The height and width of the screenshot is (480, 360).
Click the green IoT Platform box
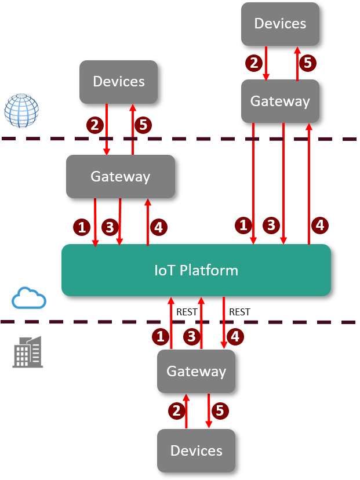click(196, 270)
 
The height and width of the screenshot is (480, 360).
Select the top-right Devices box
click(280, 24)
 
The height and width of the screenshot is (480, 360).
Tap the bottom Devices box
click(196, 450)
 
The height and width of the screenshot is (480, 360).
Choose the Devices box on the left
click(118, 82)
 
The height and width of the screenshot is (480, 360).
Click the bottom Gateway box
click(196, 371)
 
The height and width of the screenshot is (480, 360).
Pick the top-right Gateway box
click(280, 101)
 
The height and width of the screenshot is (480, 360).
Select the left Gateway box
click(120, 176)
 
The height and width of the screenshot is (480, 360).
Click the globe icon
click(21, 110)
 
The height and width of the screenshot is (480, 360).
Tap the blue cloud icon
click(29, 298)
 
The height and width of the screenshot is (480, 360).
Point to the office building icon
click(28, 351)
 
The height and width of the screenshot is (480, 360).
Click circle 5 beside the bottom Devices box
click(220, 411)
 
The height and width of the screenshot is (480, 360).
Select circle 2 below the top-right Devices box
click(253, 63)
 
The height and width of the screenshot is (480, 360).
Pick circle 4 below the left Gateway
click(158, 227)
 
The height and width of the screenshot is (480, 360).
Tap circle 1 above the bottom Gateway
click(161, 336)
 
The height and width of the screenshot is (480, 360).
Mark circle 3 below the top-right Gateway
click(271, 224)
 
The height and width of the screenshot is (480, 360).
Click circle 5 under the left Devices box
click(143, 125)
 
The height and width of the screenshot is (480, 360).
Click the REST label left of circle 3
click(187, 312)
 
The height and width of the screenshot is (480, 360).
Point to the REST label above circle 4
click(239, 312)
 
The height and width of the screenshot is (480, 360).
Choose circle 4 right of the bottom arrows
click(235, 336)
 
